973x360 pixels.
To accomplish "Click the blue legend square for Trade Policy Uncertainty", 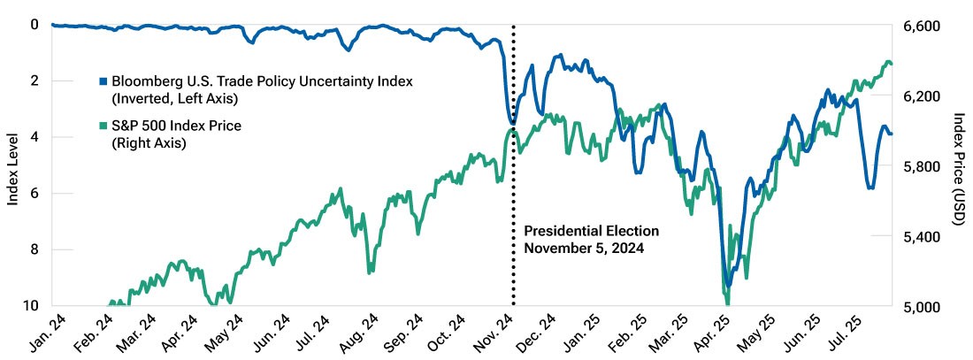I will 103,81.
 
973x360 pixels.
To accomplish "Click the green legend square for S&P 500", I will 103,126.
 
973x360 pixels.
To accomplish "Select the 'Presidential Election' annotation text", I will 591,231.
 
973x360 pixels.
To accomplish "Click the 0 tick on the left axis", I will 35,25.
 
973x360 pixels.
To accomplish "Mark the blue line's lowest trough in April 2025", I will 727,285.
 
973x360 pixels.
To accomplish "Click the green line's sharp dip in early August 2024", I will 371,271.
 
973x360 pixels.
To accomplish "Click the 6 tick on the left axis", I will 35,194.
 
